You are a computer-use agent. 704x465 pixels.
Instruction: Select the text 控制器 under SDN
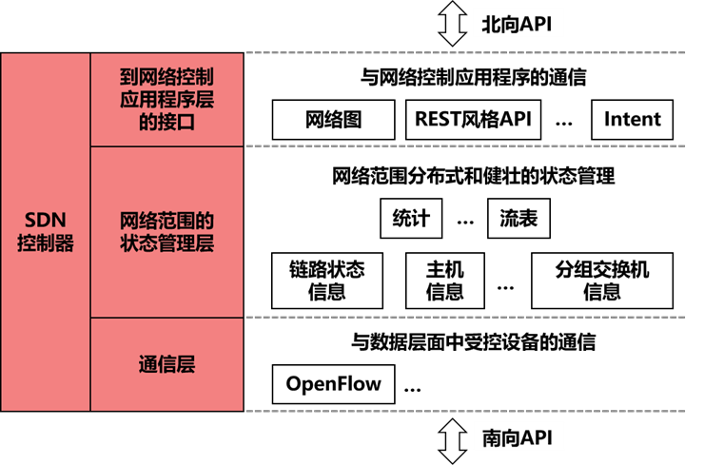pyautogui.click(x=45, y=243)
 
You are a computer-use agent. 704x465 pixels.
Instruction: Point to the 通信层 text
pyautogui.click(x=166, y=364)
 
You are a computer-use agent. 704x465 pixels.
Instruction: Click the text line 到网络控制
pyautogui.click(x=166, y=77)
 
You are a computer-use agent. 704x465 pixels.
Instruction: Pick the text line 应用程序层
pyautogui.click(x=166, y=99)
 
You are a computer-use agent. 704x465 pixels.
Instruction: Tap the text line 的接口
pyautogui.click(x=166, y=121)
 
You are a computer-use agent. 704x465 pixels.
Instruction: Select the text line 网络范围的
pyautogui.click(x=166, y=221)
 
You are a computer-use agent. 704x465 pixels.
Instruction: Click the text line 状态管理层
pyautogui.click(x=166, y=243)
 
